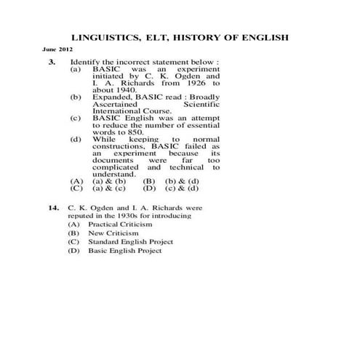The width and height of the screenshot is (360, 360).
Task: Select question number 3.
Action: point(53,63)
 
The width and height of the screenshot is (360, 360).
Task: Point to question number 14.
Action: point(54,207)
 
